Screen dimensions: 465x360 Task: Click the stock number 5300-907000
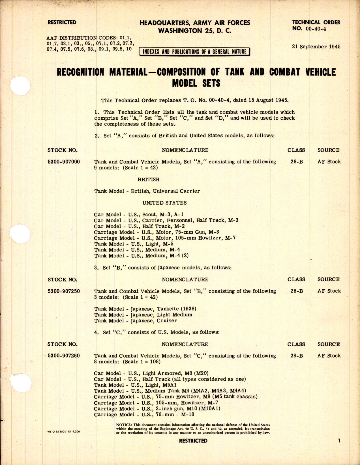point(64,162)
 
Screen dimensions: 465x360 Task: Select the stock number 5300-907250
point(64,291)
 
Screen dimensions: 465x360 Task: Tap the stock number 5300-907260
point(64,356)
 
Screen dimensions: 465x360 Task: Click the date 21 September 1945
point(316,47)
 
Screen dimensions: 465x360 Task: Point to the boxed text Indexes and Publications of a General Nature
point(194,51)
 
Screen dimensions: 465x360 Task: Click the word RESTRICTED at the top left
point(62,22)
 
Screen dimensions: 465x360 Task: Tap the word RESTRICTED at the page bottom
point(193,441)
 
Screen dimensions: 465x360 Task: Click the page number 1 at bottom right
point(339,440)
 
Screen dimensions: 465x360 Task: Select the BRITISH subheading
point(148,179)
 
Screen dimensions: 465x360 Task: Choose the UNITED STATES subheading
point(164,203)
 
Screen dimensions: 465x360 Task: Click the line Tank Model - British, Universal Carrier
point(147,191)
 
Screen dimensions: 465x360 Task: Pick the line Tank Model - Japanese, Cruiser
point(136,320)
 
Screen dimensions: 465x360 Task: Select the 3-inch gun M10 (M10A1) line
point(157,408)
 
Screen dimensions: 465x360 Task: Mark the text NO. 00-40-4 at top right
point(309,29)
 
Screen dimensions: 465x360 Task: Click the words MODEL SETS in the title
point(196,83)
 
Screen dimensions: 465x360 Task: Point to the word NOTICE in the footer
point(124,425)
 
